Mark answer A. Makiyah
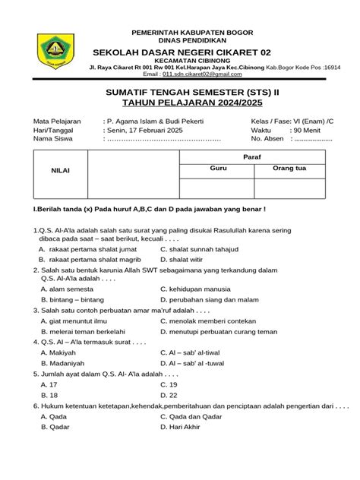click(x=58, y=352)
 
